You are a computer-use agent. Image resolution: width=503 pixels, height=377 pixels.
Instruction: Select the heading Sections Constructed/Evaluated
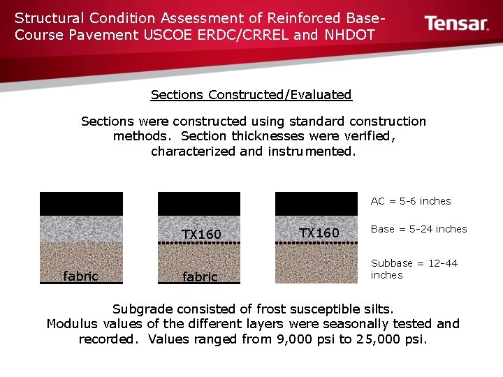coord(251,94)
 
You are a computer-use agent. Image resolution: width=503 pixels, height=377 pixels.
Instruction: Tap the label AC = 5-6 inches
coord(411,201)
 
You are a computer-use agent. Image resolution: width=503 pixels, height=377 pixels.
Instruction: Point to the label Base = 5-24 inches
coord(418,229)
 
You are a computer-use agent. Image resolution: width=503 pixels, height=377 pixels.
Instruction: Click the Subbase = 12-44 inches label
coord(414,269)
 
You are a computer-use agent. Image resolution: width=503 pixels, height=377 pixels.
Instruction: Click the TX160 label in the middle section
coord(201,235)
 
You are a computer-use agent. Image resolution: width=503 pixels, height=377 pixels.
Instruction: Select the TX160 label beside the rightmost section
coord(319,232)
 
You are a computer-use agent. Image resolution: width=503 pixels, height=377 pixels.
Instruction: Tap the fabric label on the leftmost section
coord(80,276)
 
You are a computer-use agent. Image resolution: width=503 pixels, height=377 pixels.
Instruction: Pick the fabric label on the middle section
coord(200,277)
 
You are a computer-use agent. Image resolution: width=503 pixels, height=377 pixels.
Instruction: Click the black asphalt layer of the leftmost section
coord(81,203)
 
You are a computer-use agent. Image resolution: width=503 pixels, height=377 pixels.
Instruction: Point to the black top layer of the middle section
coord(199,203)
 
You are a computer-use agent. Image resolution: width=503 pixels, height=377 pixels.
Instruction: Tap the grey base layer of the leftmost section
coord(81,228)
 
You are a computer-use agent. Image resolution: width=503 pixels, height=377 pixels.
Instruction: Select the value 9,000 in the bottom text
coord(297,339)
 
